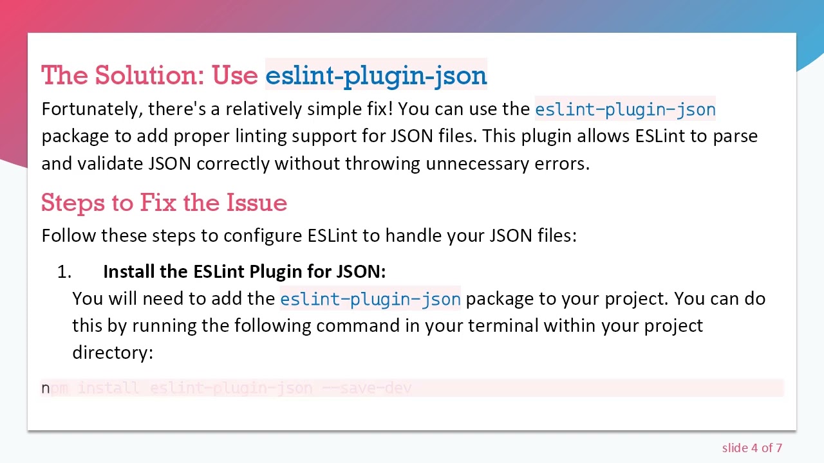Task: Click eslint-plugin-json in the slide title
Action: [x=376, y=76]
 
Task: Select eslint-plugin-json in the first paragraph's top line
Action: [x=625, y=109]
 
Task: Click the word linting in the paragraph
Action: [x=261, y=136]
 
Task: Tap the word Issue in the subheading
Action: [x=256, y=203]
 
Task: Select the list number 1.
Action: [x=63, y=272]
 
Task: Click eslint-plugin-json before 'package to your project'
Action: [x=370, y=299]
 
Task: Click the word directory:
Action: [x=113, y=352]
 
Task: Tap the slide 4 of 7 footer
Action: [x=752, y=448]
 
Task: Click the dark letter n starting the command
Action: [x=45, y=388]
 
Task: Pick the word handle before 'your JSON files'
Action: [x=413, y=235]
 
